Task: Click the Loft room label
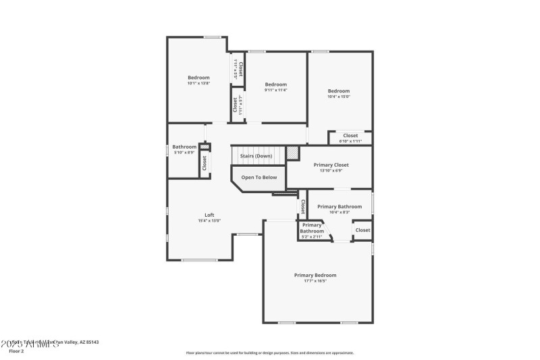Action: click(209, 215)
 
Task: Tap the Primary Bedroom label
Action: click(315, 275)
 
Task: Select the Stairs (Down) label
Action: click(256, 156)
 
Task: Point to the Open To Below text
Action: click(259, 178)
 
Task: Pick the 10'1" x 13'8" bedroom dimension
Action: click(198, 83)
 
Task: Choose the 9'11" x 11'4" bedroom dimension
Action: click(275, 90)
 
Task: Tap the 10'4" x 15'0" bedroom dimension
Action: click(339, 97)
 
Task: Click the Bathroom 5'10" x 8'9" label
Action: click(184, 147)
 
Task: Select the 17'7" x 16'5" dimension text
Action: click(315, 281)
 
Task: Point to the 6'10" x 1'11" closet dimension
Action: click(350, 140)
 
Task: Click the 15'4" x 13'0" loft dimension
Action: click(209, 221)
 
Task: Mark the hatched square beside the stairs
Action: click(292, 153)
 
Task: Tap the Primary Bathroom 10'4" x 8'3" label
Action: click(340, 207)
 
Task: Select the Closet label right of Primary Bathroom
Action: click(362, 230)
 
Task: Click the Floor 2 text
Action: click(16, 351)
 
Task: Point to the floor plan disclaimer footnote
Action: click(270, 353)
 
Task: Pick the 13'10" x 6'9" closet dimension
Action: click(331, 170)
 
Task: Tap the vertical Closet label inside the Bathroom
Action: click(204, 163)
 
